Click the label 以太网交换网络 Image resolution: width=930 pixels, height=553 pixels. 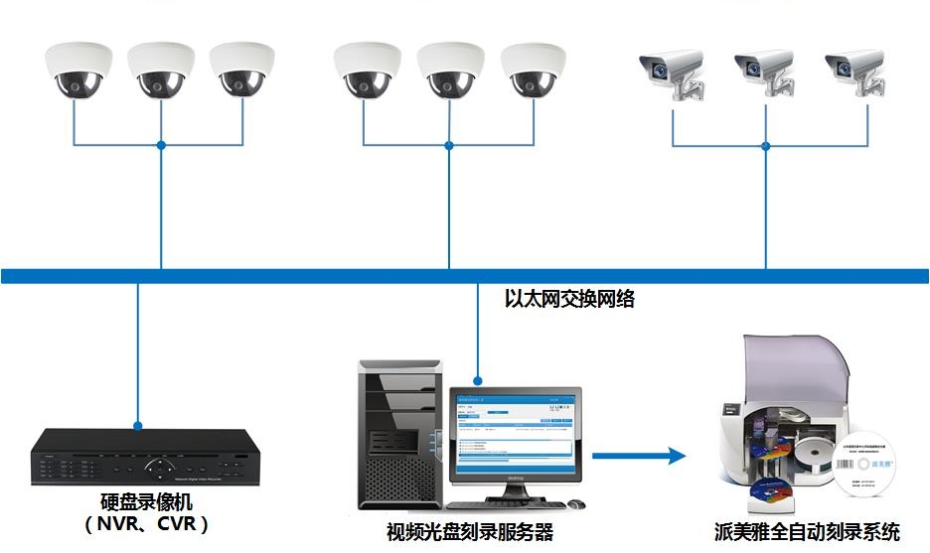[569, 298]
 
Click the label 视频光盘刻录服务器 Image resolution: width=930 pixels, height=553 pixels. [469, 531]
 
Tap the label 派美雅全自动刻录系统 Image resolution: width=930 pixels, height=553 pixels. [807, 531]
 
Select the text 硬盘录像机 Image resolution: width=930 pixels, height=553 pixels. [147, 502]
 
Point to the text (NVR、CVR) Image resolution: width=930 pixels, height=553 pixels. [147, 523]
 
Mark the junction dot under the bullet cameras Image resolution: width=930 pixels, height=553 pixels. [765, 146]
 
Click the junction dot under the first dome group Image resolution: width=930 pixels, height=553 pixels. [161, 146]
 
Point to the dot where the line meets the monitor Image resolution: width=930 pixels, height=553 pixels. [478, 379]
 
